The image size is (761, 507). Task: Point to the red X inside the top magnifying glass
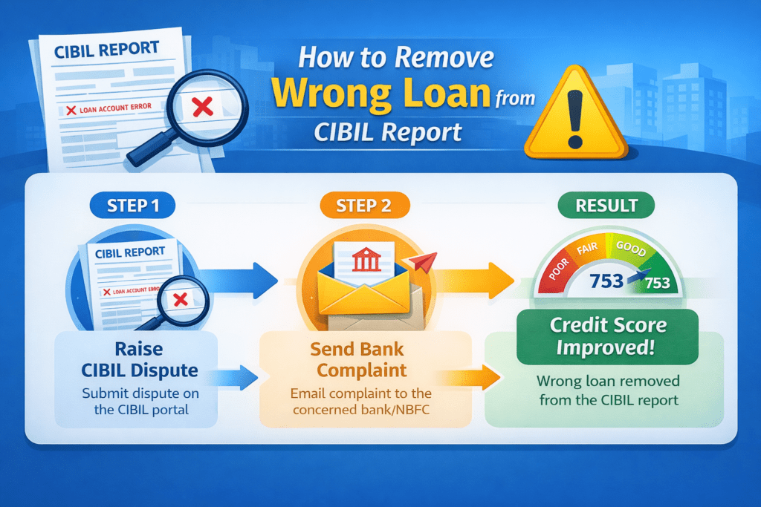pos(201,108)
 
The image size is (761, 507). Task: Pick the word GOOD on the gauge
pos(630,249)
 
